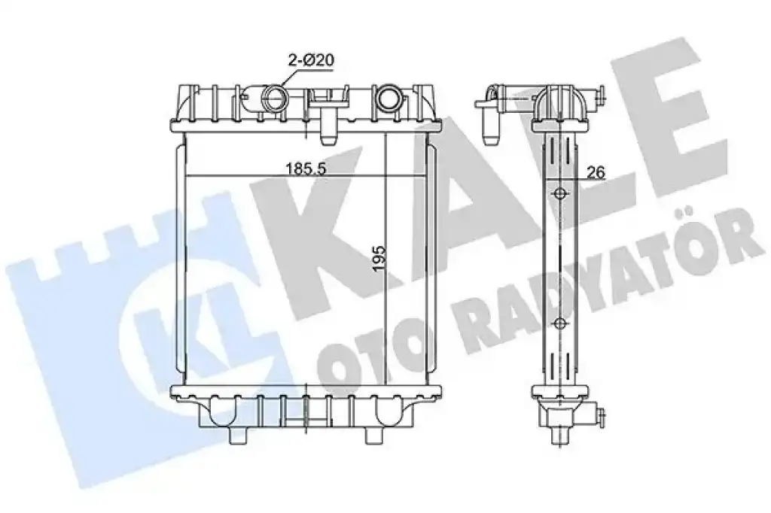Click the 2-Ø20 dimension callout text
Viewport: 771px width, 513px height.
pos(311,60)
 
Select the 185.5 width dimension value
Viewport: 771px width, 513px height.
pos(306,168)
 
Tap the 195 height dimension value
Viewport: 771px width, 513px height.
pos(379,259)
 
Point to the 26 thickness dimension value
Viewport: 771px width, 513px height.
pos(596,172)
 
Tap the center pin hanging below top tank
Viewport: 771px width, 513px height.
pos(328,127)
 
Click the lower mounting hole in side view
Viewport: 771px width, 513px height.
pos(559,323)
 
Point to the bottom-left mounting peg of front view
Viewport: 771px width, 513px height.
pos(239,434)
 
